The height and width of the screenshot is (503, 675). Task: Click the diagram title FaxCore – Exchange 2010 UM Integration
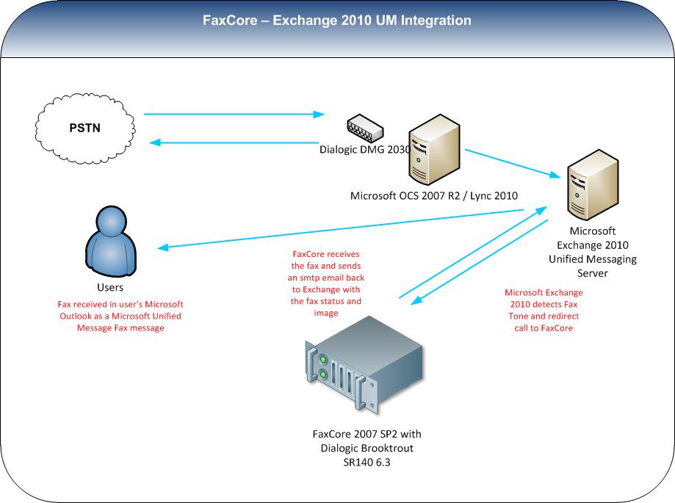pos(336,21)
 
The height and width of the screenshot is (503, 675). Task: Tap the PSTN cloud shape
pos(84,129)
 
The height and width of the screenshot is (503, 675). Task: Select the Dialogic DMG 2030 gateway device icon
pos(365,129)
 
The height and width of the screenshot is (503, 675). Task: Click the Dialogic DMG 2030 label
pos(364,149)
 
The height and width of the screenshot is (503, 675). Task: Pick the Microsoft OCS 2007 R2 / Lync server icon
pos(434,149)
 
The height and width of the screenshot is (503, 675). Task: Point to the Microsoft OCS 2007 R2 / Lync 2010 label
pos(434,196)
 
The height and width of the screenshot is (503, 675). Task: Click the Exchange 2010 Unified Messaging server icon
pos(593,184)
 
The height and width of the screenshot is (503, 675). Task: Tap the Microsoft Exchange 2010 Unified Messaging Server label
pos(592,252)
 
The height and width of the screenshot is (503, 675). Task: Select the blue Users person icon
pos(111,242)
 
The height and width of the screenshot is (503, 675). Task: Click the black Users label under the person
pos(110,287)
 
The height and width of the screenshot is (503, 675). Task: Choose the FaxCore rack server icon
pos(364,365)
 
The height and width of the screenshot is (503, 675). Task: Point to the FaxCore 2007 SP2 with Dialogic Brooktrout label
pos(367,448)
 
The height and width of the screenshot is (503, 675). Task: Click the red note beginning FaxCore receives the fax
pos(326,283)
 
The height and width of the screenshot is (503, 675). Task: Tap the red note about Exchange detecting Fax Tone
pos(544,310)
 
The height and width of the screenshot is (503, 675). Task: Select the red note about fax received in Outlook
pos(120,316)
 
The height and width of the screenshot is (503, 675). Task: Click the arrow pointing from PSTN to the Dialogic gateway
pos(234,114)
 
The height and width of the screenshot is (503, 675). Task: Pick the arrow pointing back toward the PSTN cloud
pos(234,142)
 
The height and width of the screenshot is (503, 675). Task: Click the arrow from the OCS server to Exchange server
pos(513,164)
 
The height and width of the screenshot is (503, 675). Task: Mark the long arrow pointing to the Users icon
pos(340,229)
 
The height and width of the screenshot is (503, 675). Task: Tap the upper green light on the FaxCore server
pos(322,359)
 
